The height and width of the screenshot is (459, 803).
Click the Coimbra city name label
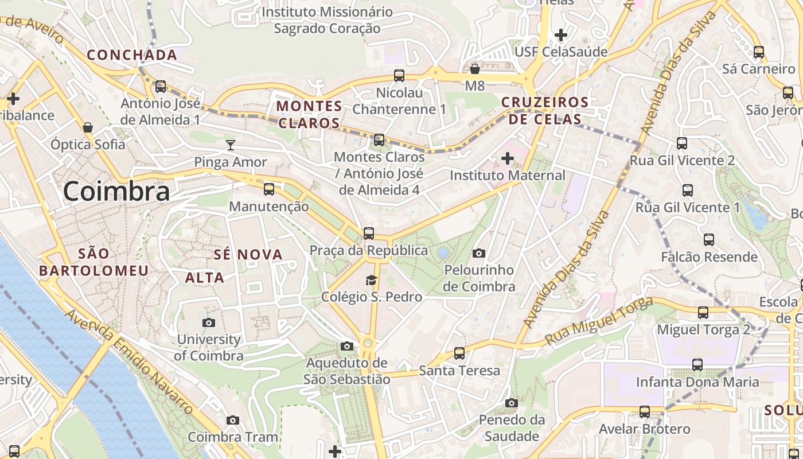(116, 191)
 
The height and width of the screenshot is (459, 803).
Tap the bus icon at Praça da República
(369, 234)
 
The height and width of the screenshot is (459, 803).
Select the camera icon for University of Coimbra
(209, 322)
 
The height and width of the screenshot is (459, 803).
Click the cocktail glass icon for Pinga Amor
(231, 145)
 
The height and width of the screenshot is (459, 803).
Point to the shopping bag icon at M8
(475, 69)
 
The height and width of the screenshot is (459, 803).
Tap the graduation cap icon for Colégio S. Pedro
(372, 280)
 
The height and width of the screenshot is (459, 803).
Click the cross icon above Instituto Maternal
(508, 158)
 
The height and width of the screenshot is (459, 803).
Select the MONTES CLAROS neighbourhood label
(309, 114)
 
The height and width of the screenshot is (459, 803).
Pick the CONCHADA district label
(132, 55)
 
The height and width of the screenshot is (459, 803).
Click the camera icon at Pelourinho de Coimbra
(479, 253)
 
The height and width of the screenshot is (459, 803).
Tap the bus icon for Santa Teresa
(459, 353)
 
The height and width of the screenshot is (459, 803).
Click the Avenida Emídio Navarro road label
(130, 361)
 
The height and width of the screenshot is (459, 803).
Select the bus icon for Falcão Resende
(709, 240)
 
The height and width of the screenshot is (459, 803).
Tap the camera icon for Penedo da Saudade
(512, 403)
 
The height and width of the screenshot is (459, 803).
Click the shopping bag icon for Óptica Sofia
(88, 127)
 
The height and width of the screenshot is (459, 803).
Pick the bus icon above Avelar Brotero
(645, 412)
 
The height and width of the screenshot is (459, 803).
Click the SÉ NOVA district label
(248, 255)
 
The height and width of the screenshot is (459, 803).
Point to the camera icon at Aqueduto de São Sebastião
(346, 346)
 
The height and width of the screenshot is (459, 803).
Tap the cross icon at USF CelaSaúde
(561, 35)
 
